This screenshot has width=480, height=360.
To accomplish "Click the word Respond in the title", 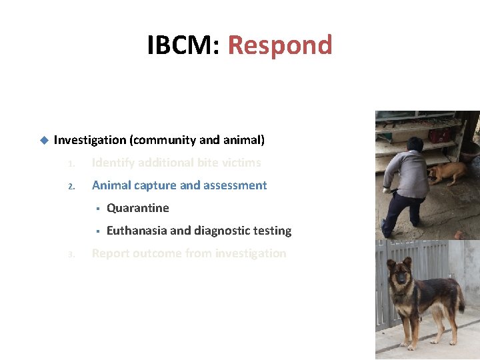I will click(x=280, y=45).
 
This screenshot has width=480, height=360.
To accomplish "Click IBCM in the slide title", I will click(x=182, y=45).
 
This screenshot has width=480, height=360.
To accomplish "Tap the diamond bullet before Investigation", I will click(x=43, y=140).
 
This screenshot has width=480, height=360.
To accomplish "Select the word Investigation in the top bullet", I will click(x=90, y=140).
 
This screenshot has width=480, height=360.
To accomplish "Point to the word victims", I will click(x=239, y=163).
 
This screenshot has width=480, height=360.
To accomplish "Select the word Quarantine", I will click(x=138, y=208).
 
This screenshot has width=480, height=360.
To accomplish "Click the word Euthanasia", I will click(x=137, y=231).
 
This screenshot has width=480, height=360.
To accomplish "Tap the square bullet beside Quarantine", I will click(x=97, y=208).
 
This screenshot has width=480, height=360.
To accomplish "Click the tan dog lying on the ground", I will click(x=447, y=173).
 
